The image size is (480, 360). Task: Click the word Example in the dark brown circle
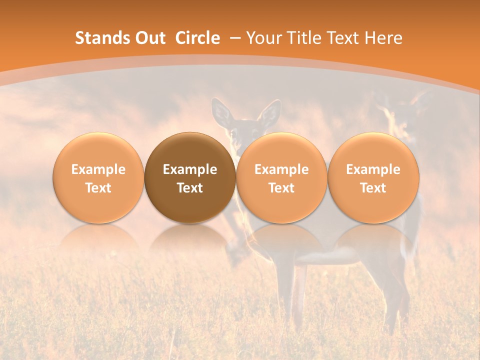coord(190,169)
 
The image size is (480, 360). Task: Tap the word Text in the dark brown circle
coord(190,188)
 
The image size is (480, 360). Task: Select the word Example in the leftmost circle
coord(98,169)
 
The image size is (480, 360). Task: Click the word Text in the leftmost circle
coord(98,188)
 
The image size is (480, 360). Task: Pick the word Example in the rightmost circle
coord(373,169)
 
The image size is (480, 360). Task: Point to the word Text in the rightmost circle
coord(373,188)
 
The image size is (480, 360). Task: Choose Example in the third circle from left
coord(281,169)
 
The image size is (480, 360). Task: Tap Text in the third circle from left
coord(281,188)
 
